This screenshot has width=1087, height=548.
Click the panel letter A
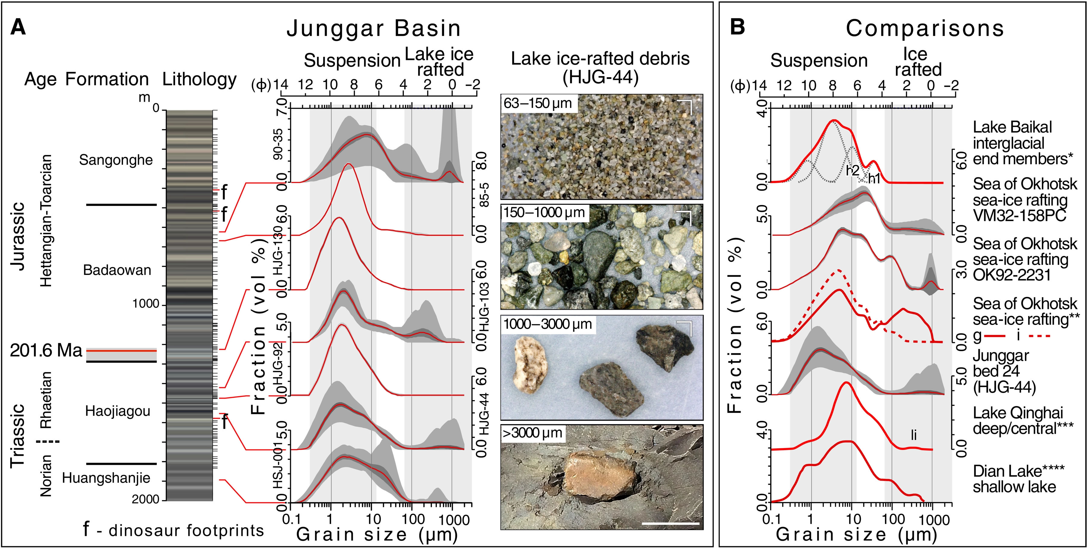pyautogui.click(x=18, y=28)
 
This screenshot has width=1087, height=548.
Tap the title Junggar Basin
pyautogui.click(x=374, y=29)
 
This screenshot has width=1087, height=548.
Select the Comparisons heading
pyautogui.click(x=925, y=29)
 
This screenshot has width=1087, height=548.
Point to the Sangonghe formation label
pyautogui.click(x=116, y=160)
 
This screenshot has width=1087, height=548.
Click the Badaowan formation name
pyautogui.click(x=117, y=270)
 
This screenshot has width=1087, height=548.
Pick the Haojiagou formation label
pyautogui.click(x=118, y=411)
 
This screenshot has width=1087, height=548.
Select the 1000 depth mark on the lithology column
pyautogui.click(x=146, y=304)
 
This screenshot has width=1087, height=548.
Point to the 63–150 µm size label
pyautogui.click(x=537, y=103)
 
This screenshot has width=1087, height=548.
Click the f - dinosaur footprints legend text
pyautogui.click(x=173, y=530)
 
